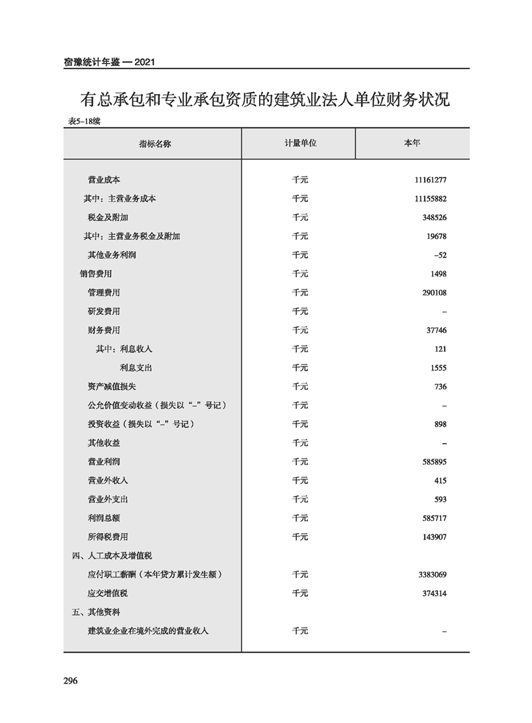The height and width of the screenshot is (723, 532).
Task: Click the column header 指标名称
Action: pos(155,144)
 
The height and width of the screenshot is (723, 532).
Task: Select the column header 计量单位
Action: pos(300,144)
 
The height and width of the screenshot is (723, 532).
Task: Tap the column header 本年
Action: pos(411,144)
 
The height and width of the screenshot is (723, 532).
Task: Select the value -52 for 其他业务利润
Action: pos(440,255)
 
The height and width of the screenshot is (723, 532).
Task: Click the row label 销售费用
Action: pos(95,274)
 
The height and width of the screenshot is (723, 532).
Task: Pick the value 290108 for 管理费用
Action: pos(433,293)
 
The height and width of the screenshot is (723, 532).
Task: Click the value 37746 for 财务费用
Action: pos(435,330)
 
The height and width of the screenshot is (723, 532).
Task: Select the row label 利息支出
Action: pos(136,368)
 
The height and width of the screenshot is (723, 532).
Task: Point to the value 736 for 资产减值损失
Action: pos(439,387)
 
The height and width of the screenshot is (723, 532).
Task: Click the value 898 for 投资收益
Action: pos(439,424)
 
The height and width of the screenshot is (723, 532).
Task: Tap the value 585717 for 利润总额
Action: pos(433,518)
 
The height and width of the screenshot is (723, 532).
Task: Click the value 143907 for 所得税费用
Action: pos(433,537)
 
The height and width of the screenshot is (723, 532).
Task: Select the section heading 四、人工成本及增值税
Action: pos(112,556)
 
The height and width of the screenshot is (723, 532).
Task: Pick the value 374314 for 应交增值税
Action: pos(433,593)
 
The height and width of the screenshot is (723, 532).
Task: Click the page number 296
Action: pos(71,681)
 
